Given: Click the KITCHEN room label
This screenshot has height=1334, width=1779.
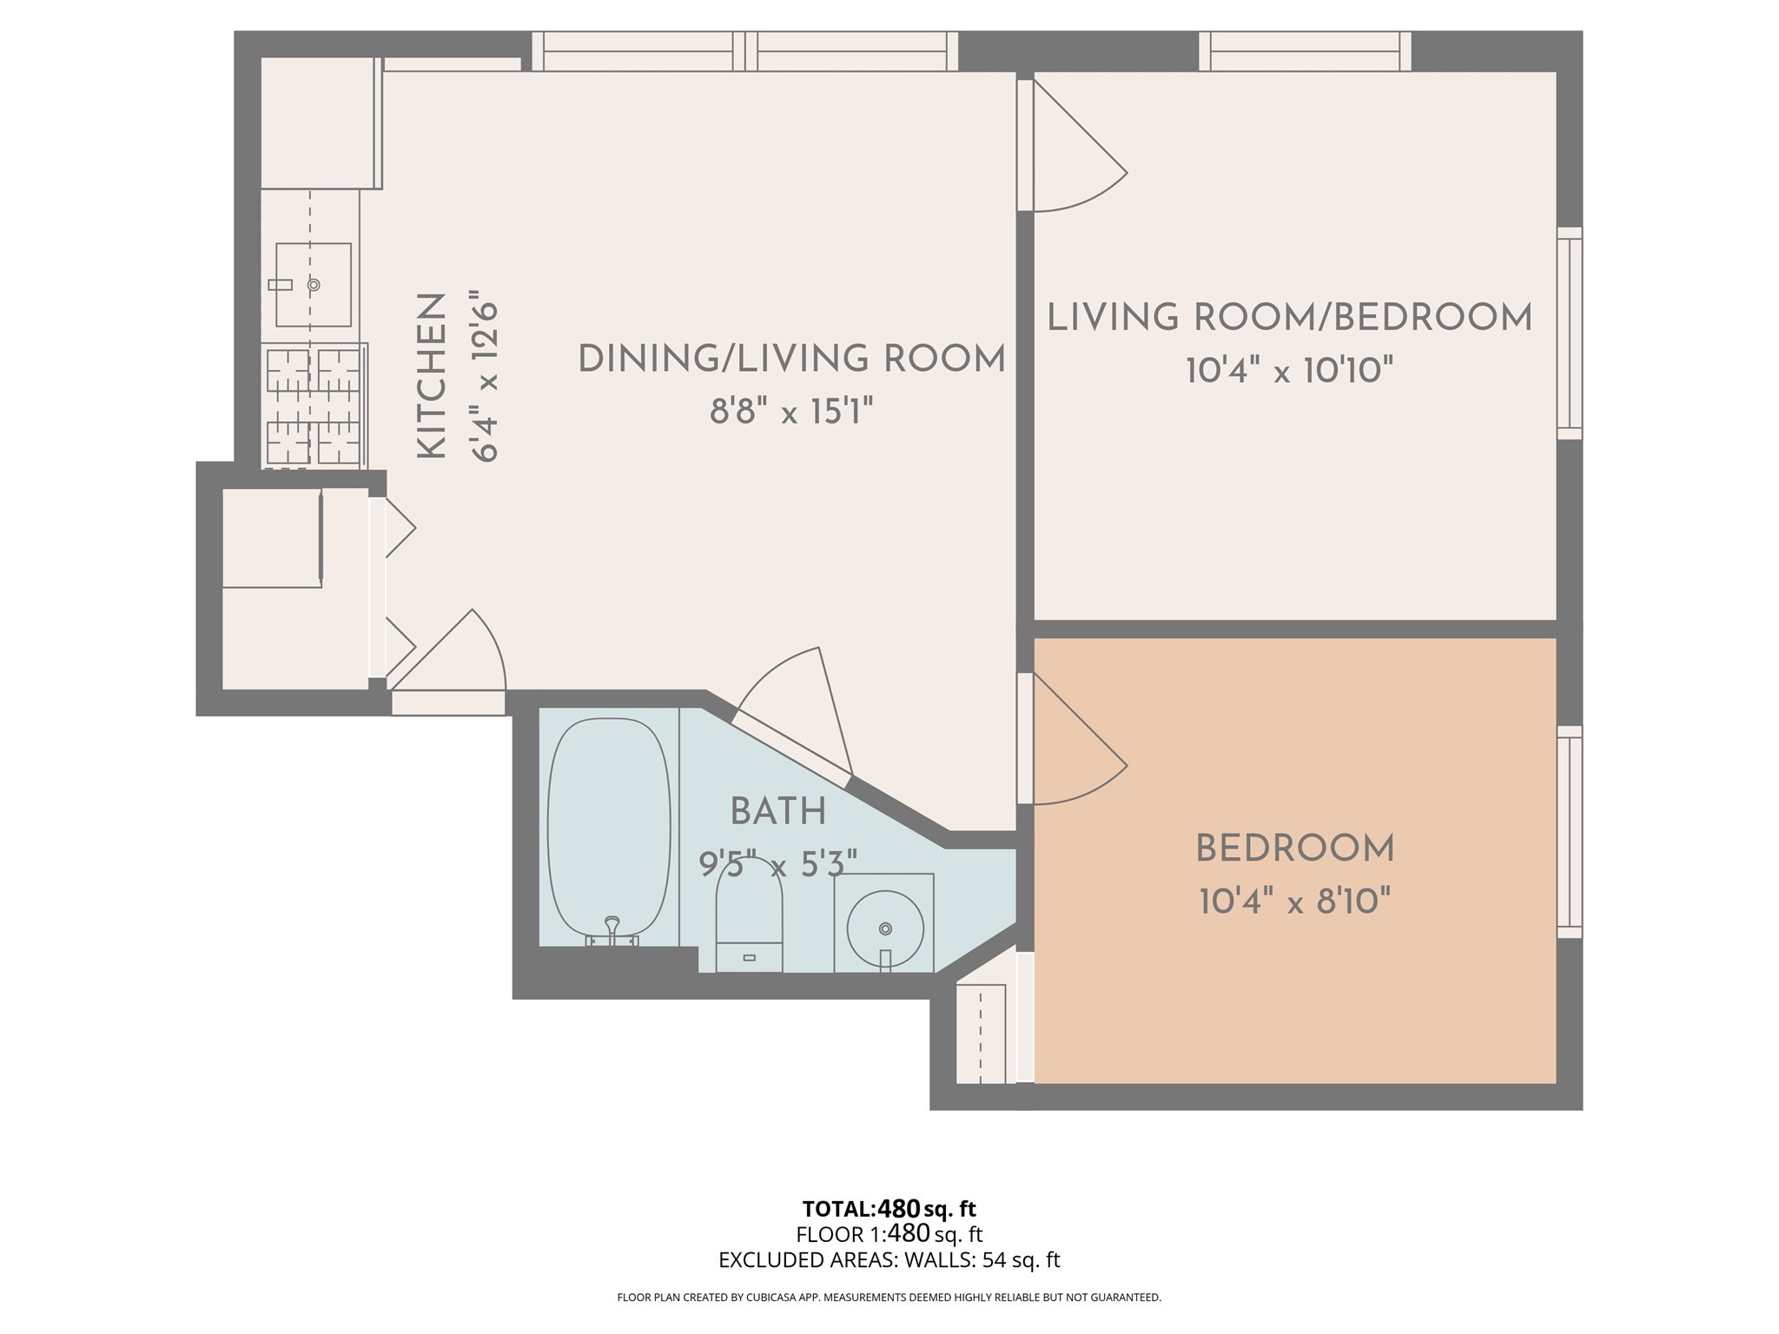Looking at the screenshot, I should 432,376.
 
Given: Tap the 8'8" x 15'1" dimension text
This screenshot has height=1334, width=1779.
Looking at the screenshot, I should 790,411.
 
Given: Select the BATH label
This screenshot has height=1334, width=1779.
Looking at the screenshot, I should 777,812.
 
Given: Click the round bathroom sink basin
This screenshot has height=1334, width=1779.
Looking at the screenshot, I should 884,928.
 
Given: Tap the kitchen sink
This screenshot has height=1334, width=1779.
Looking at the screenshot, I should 314,284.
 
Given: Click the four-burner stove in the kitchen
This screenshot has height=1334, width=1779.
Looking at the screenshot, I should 313,406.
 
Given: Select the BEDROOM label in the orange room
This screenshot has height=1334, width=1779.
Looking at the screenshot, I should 1294,849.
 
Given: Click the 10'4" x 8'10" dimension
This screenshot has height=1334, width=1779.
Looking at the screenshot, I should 1294,901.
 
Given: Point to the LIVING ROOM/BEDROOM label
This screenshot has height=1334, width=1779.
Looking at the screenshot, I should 1289,318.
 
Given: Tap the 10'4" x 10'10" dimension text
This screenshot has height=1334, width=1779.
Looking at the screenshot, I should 1289,372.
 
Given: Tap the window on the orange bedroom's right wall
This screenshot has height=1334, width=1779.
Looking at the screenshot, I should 1569,832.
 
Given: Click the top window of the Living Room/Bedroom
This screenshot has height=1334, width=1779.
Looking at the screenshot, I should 1305,50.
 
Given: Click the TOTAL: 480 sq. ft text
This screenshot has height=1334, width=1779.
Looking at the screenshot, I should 889,1209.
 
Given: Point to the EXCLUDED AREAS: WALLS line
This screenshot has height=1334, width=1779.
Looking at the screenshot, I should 889,1260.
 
